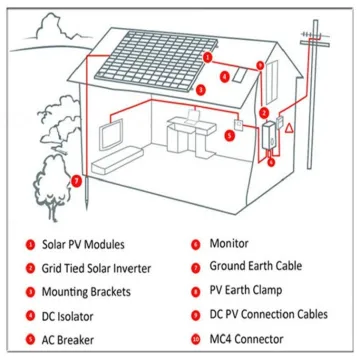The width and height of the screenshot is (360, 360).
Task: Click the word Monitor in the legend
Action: tap(229, 244)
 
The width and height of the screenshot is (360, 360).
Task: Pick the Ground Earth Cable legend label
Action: tap(257, 268)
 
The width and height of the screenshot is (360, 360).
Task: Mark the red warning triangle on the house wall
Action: tap(289, 128)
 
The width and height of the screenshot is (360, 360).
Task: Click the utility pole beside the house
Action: tap(313, 110)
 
